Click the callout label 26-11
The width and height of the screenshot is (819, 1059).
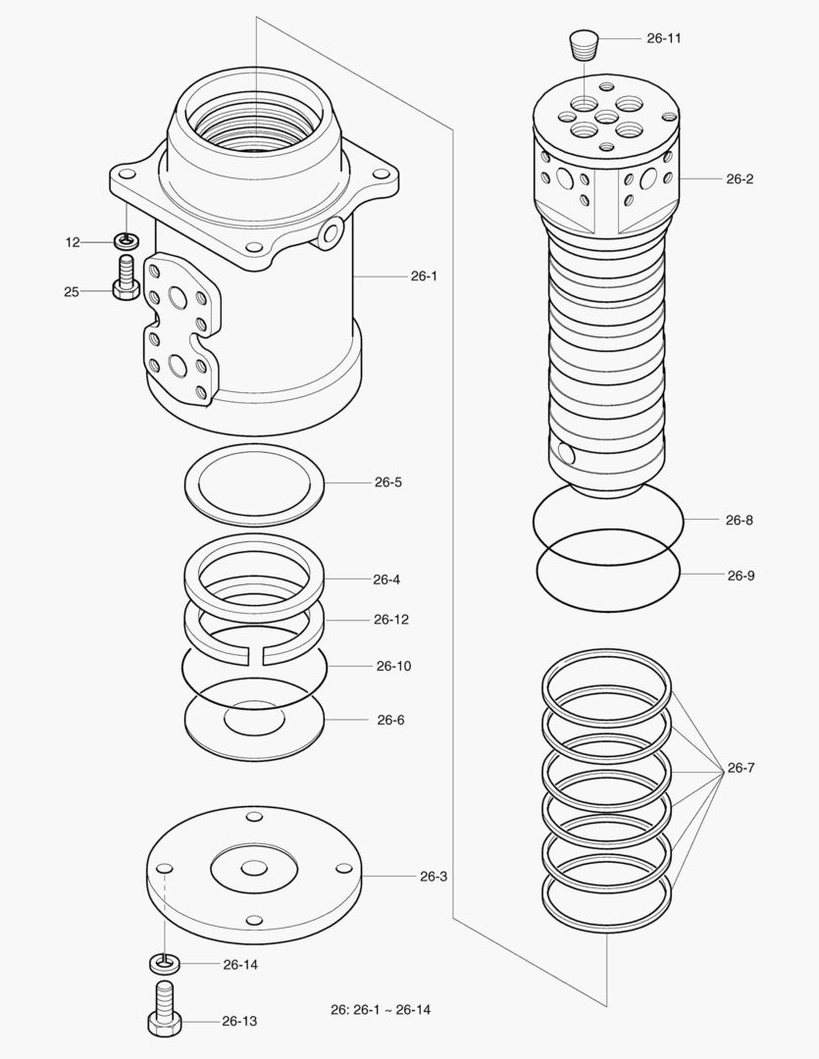pyautogui.click(x=664, y=38)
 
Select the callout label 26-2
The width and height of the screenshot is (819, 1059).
pyautogui.click(x=740, y=179)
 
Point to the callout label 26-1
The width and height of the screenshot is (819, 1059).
pyautogui.click(x=424, y=277)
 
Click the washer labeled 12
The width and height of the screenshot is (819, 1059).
pyautogui.click(x=126, y=240)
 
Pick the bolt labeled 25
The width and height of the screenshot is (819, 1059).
pyautogui.click(x=125, y=278)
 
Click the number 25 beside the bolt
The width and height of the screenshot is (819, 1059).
pyautogui.click(x=72, y=291)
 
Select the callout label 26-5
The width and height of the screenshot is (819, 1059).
pyautogui.click(x=387, y=482)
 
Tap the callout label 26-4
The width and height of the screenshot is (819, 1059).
pyautogui.click(x=386, y=580)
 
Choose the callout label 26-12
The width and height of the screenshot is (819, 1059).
pyautogui.click(x=391, y=620)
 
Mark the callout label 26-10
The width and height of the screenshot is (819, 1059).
pyautogui.click(x=393, y=666)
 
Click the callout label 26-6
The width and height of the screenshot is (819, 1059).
pyautogui.click(x=390, y=720)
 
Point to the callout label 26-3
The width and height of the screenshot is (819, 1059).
pyautogui.click(x=434, y=876)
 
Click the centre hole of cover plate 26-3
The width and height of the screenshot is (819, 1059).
pyautogui.click(x=254, y=869)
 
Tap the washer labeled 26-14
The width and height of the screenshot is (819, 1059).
pyautogui.click(x=164, y=963)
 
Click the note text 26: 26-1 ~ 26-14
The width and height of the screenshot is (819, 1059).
pyautogui.click(x=381, y=1010)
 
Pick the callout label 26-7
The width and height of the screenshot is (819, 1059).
pyautogui.click(x=741, y=768)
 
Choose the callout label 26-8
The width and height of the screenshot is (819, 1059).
pyautogui.click(x=740, y=521)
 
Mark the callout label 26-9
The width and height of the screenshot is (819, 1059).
pyautogui.click(x=741, y=576)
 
